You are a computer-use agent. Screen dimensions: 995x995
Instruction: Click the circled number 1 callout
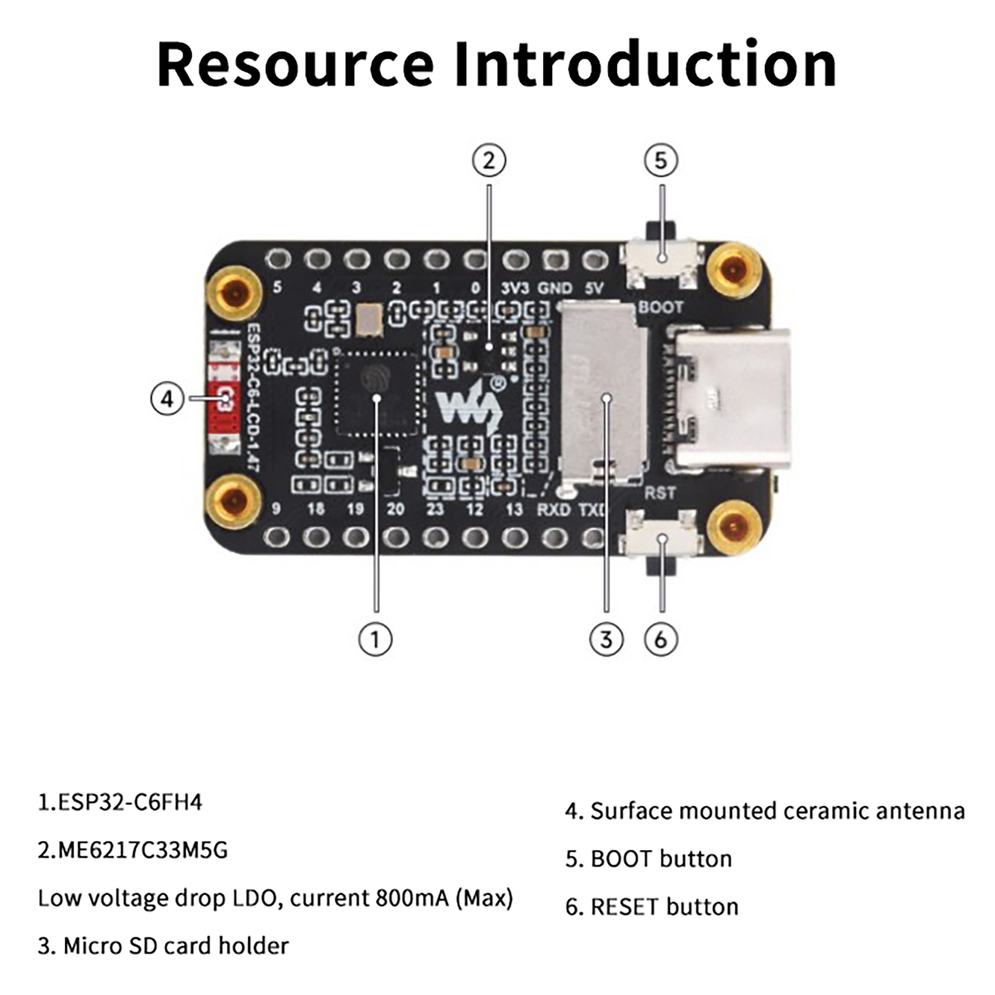click(375, 639)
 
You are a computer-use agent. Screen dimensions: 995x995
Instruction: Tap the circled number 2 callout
click(489, 160)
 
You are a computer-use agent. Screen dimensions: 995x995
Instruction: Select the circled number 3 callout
click(606, 639)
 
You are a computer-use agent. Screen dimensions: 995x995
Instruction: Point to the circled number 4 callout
click(167, 398)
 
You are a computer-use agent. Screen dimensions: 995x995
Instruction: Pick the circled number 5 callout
click(660, 160)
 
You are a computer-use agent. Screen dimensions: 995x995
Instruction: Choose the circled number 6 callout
click(660, 639)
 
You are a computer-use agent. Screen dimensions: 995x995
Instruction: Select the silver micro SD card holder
click(600, 392)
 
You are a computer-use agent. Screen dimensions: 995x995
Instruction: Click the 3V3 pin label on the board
click(515, 288)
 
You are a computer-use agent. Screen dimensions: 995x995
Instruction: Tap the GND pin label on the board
click(555, 288)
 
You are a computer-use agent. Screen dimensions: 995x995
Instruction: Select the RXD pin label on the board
click(553, 509)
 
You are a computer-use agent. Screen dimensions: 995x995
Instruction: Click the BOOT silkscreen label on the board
click(660, 307)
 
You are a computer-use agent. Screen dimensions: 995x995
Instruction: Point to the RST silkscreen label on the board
click(659, 493)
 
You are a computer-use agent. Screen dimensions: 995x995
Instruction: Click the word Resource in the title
click(295, 65)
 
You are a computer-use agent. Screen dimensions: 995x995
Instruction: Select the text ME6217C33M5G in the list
click(142, 849)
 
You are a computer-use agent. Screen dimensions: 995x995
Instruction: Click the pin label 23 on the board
click(435, 509)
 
